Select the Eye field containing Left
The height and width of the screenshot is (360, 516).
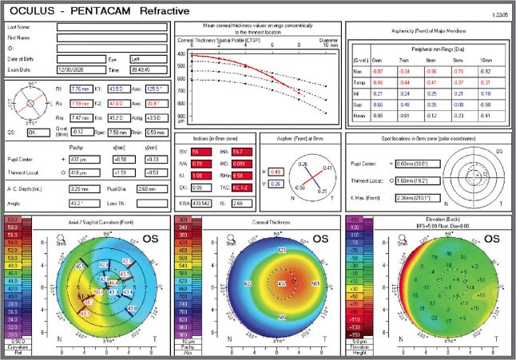[147, 59]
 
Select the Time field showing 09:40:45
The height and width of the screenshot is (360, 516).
[147, 70]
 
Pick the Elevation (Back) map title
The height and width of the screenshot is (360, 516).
[431, 220]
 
